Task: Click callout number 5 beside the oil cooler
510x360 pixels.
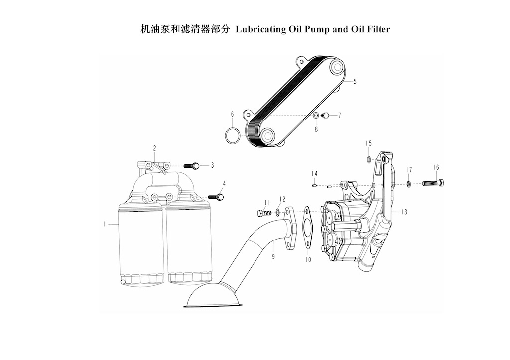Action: click(x=355, y=81)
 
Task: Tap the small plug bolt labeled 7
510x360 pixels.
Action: click(x=325, y=115)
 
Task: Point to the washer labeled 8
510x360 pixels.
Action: click(x=315, y=116)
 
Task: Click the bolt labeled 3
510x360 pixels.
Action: click(x=192, y=166)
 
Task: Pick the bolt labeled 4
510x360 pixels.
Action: click(x=216, y=197)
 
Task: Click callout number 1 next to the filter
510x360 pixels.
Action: click(x=104, y=224)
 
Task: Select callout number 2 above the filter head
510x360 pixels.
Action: click(x=155, y=148)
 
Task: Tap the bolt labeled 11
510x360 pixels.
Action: click(x=264, y=213)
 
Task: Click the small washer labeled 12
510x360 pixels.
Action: click(x=278, y=213)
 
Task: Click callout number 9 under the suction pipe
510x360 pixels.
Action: click(x=273, y=257)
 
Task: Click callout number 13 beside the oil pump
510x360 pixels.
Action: click(x=404, y=212)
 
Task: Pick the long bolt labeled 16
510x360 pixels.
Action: click(x=433, y=183)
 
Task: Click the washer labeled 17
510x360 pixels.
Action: click(x=408, y=184)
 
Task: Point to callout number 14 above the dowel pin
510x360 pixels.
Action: click(x=314, y=174)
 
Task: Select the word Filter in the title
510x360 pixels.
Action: click(x=379, y=29)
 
